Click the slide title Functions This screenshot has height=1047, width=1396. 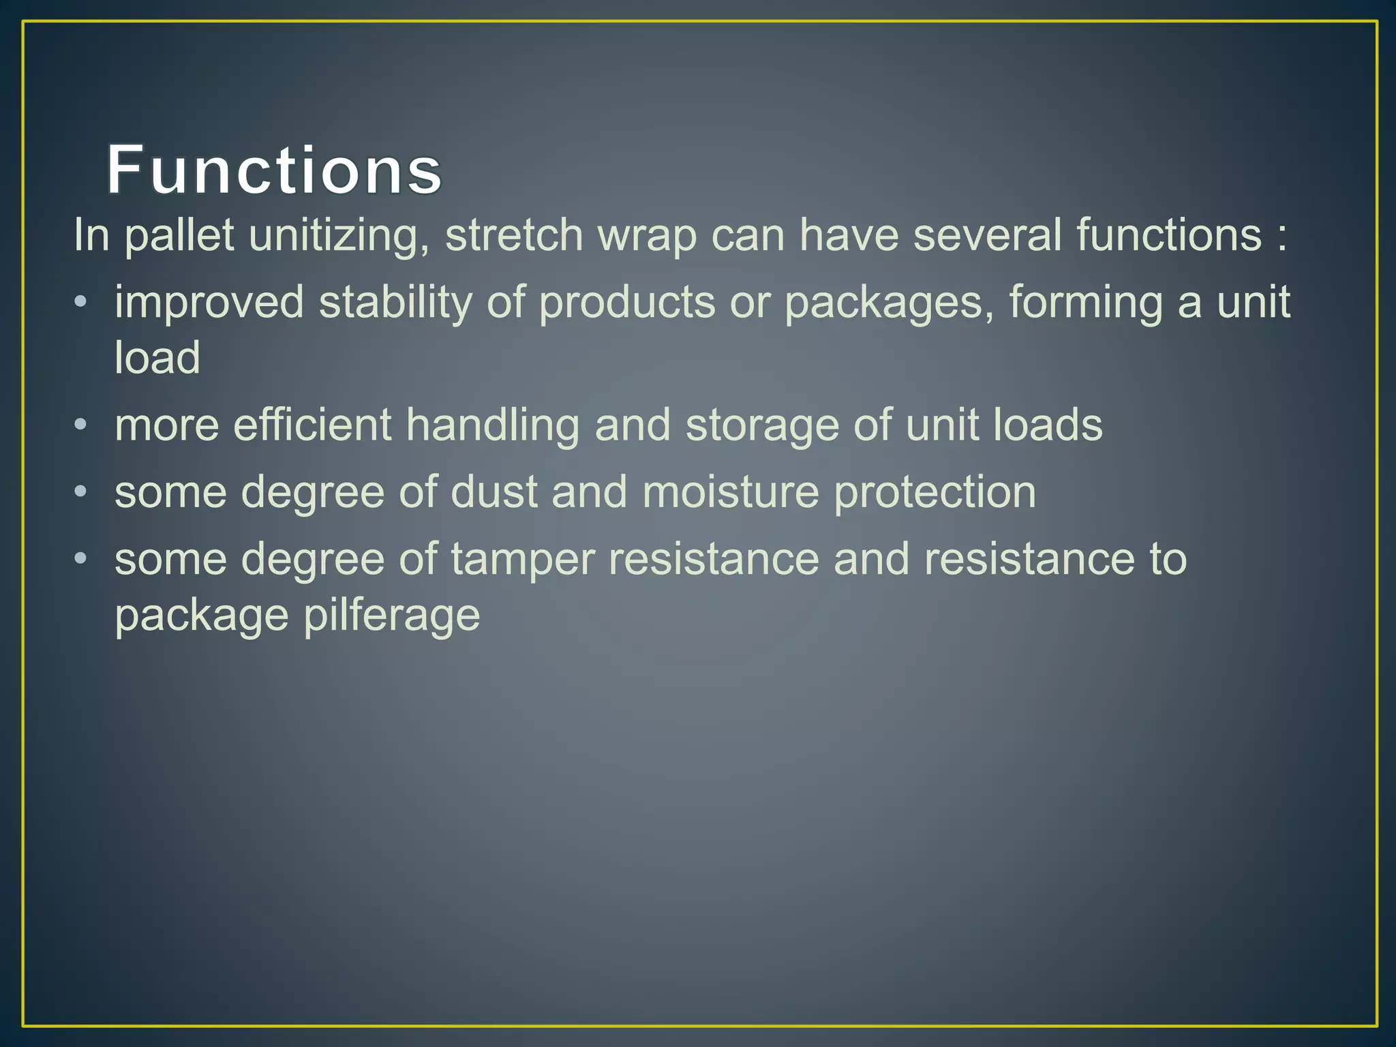pos(274,170)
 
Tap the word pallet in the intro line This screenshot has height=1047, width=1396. pos(179,235)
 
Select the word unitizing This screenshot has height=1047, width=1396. pos(339,235)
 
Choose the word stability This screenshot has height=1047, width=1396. pos(395,301)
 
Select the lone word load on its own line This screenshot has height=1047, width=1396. pos(157,357)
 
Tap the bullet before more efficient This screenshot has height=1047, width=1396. pos(80,425)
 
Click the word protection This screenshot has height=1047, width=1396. pos(935,491)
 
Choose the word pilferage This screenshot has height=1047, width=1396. pos(391,616)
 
